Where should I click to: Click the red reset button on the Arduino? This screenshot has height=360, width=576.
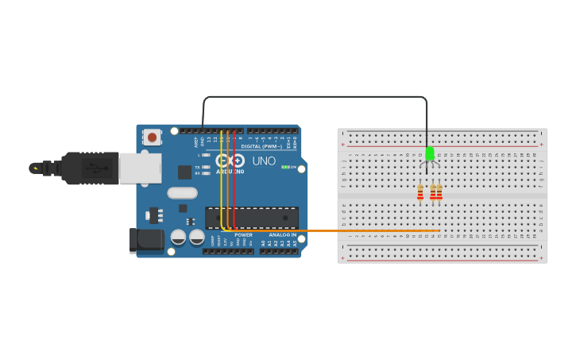click(152, 137)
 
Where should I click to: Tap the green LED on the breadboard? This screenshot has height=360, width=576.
click(430, 153)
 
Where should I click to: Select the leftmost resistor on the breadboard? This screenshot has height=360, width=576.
click(420, 193)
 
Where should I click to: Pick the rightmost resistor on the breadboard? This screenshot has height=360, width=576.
click(439, 193)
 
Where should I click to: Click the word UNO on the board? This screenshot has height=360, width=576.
click(264, 161)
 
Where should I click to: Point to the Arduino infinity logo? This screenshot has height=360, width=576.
click(231, 160)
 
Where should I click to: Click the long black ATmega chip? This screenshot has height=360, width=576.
click(252, 217)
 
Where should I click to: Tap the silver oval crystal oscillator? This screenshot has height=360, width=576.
click(182, 192)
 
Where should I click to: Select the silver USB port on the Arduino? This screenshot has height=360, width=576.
click(140, 168)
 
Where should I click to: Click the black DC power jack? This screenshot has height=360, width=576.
click(146, 240)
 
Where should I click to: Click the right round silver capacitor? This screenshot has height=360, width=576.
click(196, 237)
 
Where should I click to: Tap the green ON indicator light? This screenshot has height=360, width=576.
click(285, 167)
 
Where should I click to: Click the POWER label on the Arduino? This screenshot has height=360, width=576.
click(243, 235)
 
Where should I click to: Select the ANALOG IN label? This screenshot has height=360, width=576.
click(282, 235)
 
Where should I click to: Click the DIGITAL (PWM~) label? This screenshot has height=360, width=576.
click(261, 146)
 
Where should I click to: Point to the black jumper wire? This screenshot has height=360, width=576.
click(318, 97)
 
